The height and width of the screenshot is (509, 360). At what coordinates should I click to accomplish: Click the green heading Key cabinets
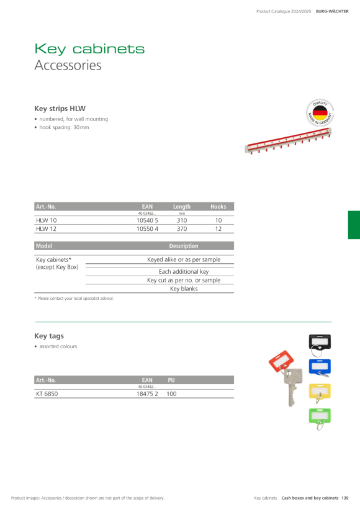tap(89, 49)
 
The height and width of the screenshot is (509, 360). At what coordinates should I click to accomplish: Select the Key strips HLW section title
tap(60, 109)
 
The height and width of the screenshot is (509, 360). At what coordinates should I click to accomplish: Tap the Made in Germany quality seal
tap(320, 112)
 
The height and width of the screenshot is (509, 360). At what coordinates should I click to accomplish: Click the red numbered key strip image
tap(288, 140)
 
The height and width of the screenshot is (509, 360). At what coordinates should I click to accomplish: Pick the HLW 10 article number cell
tap(47, 220)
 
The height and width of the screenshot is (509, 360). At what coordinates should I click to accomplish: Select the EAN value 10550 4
tap(147, 229)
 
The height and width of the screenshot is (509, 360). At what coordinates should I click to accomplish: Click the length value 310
tap(182, 220)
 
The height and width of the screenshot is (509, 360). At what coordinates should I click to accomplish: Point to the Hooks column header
tap(218, 207)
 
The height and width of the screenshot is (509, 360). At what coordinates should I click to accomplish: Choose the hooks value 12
tap(218, 229)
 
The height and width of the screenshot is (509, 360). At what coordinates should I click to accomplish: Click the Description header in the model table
tap(184, 246)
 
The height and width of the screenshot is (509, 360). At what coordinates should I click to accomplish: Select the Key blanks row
tap(184, 289)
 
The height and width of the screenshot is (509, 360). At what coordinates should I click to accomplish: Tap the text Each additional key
tap(184, 272)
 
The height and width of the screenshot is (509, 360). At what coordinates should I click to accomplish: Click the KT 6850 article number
tap(47, 394)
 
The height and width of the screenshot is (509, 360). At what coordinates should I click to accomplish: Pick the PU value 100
tap(171, 394)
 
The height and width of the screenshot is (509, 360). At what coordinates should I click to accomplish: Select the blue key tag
tap(320, 367)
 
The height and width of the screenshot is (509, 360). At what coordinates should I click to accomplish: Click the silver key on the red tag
tap(292, 387)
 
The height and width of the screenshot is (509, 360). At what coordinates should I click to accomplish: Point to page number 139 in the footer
tap(344, 498)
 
